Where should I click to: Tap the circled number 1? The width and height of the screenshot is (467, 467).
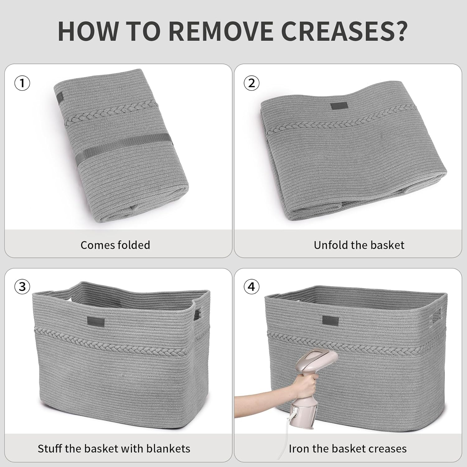coord(22,83)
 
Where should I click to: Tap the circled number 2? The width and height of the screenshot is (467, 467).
coord(251,83)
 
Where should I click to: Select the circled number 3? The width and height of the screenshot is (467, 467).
coord(22,286)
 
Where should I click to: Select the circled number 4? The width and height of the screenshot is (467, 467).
coord(251,286)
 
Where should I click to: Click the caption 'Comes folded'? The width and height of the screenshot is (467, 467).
coord(115,245)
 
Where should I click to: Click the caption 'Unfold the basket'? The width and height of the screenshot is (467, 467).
coord(359,245)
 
